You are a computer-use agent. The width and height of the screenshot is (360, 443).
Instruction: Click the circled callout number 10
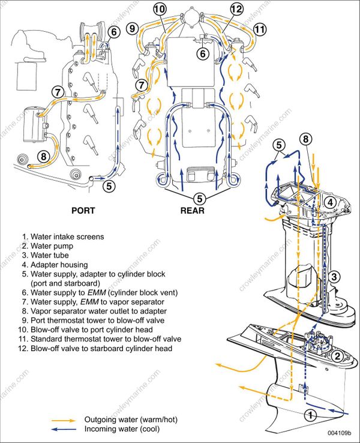(x=160, y=9)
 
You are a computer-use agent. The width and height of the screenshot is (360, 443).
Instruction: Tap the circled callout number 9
(x=133, y=28)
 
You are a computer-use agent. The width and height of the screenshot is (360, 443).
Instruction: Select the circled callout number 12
(x=236, y=9)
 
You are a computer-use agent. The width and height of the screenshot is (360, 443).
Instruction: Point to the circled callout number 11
(x=260, y=29)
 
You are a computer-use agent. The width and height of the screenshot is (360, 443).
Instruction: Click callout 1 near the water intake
(x=310, y=414)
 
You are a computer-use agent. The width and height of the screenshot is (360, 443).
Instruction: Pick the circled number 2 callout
(x=337, y=355)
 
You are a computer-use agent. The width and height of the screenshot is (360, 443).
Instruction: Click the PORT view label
(x=83, y=211)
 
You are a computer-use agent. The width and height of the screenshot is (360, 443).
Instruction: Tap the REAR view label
(x=192, y=211)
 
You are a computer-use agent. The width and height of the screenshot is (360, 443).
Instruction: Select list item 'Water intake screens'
(x=63, y=237)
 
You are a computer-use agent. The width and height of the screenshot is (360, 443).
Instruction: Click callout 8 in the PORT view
(x=43, y=157)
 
